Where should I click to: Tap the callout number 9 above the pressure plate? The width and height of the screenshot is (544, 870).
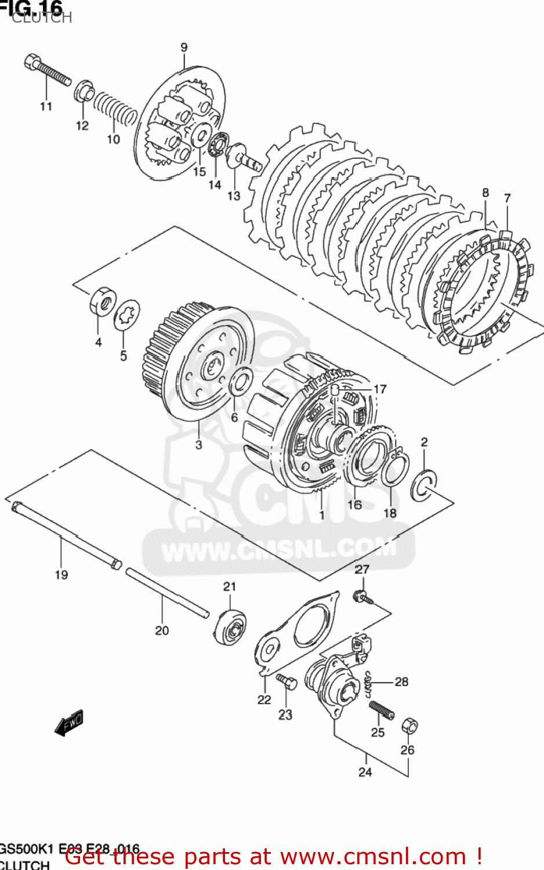(x=184, y=48)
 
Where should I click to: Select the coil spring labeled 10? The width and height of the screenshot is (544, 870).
(x=115, y=110)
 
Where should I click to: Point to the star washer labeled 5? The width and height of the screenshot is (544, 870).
(x=127, y=316)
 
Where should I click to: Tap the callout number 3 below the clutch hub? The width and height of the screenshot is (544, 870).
(x=199, y=445)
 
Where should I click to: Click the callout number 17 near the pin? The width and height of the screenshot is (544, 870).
(x=380, y=389)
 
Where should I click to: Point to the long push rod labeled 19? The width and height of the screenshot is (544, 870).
(x=64, y=536)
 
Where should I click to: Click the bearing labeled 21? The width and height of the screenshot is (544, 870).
(x=230, y=626)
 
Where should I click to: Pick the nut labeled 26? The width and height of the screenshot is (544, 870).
(x=409, y=725)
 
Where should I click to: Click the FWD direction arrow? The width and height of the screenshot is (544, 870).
(x=69, y=723)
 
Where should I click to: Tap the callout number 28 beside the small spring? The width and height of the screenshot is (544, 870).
(x=401, y=681)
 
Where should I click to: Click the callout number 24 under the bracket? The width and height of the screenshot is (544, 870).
(x=365, y=772)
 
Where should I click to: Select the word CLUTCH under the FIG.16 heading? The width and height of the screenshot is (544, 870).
(x=42, y=17)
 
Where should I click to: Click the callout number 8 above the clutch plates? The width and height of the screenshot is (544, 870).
(x=485, y=193)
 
